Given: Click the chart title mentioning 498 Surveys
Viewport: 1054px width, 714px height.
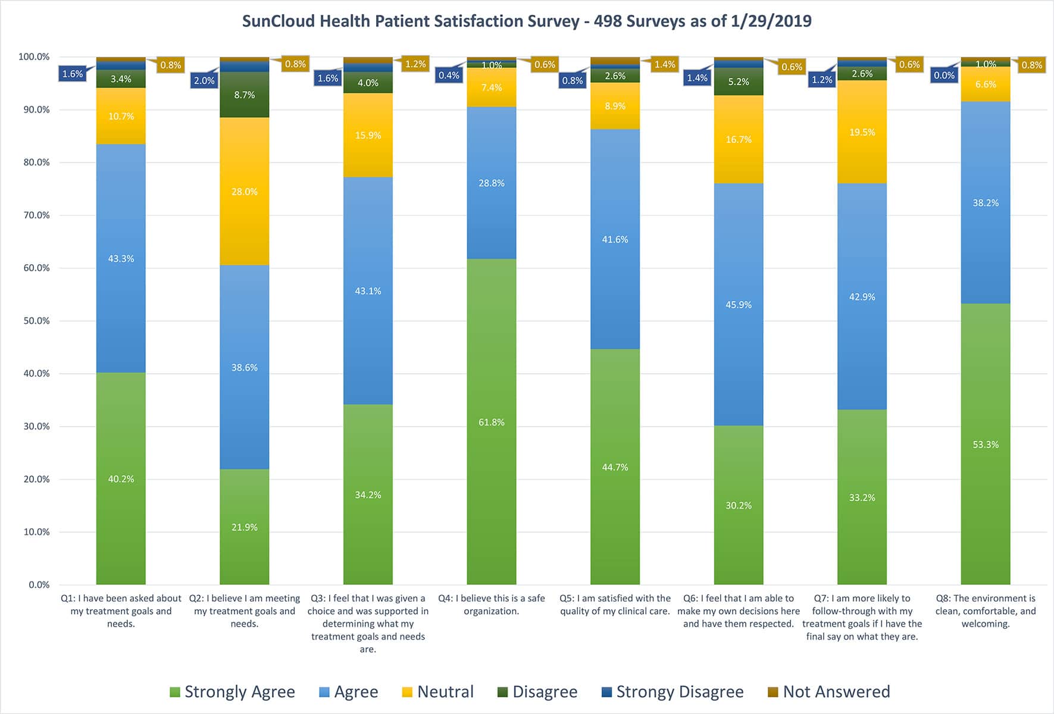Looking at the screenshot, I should (x=527, y=21).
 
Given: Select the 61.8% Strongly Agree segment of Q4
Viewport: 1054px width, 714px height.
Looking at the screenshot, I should (x=492, y=421).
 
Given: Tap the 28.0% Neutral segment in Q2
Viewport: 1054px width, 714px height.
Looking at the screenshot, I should (x=245, y=191).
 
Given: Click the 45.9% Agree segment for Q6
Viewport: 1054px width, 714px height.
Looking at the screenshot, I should (x=739, y=304).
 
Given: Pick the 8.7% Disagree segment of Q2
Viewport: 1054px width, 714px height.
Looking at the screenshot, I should (x=245, y=95).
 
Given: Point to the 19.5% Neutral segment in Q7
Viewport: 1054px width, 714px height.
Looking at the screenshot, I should (x=862, y=132).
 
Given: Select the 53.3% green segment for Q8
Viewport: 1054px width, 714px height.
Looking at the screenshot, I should (x=986, y=444).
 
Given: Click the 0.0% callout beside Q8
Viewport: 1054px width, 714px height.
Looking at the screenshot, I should (x=944, y=76).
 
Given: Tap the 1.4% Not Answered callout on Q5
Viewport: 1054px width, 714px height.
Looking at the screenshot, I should (x=665, y=64).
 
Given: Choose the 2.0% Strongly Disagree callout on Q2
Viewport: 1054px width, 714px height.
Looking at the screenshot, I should (x=204, y=80).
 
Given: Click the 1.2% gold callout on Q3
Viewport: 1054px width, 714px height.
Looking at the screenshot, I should (x=415, y=64).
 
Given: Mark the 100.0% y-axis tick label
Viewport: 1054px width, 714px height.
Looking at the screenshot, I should (x=34, y=57).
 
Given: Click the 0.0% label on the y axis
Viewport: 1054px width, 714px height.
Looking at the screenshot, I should (x=39, y=585).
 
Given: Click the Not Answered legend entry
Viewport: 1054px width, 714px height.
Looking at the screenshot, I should (x=829, y=691).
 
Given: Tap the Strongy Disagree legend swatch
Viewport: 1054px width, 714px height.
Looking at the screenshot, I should (x=607, y=692).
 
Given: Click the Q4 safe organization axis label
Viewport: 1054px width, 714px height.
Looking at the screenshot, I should (x=492, y=605).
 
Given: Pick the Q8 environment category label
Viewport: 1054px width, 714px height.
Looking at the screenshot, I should (x=986, y=610).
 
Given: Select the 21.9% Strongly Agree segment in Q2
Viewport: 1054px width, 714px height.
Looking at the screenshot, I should (x=245, y=527).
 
